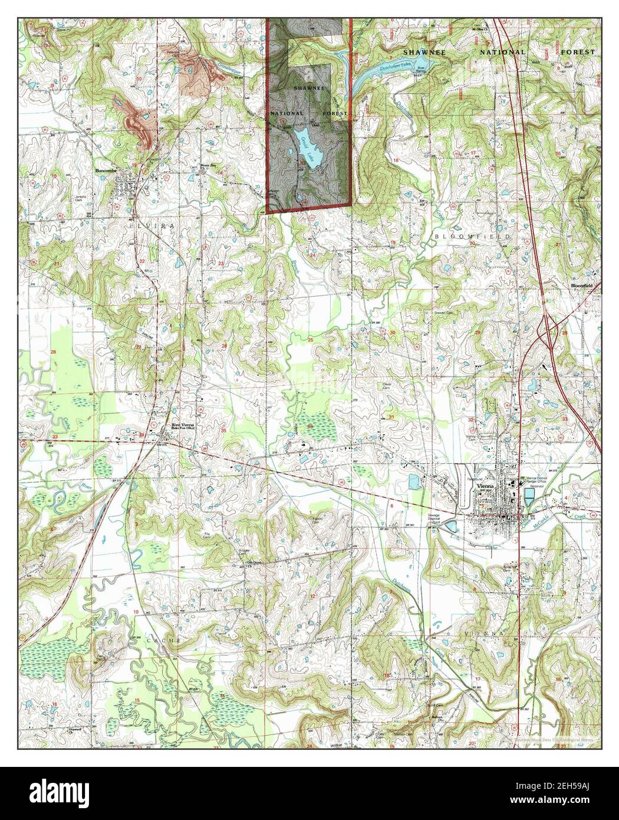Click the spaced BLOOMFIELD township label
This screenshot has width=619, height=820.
[468, 235]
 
